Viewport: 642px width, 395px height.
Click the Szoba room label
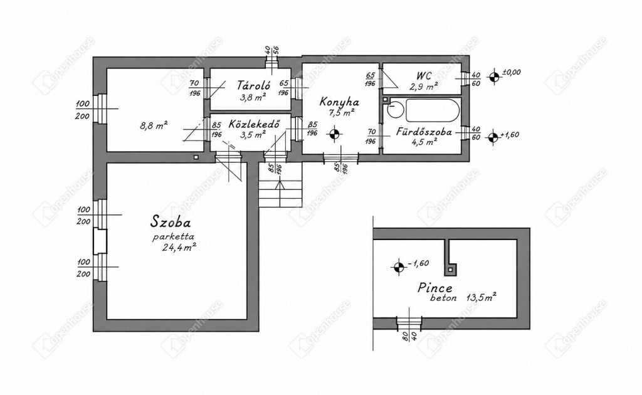[x=171, y=222]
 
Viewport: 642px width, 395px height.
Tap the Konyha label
[x=339, y=102]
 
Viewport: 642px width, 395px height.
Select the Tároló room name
[x=253, y=85]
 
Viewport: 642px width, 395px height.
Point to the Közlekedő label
[x=254, y=124]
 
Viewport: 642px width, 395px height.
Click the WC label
[x=424, y=76]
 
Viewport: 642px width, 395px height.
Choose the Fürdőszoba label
[x=424, y=132]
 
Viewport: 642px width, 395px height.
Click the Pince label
[x=435, y=288]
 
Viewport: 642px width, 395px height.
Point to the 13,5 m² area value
[x=481, y=297]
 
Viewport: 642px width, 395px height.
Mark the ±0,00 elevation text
[x=511, y=72]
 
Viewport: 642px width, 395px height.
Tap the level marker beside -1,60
[x=397, y=267]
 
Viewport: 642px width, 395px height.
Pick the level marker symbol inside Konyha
[x=335, y=134]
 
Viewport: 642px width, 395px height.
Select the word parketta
[x=173, y=236]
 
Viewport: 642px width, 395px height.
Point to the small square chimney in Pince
[x=451, y=270]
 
